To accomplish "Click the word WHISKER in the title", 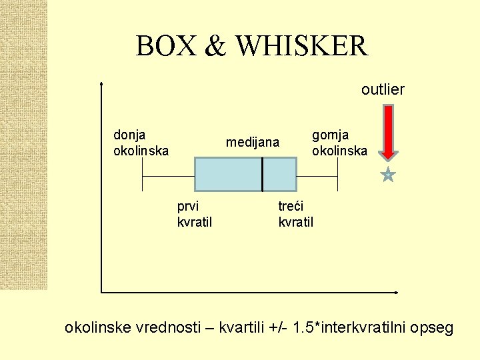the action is [x=302, y=46].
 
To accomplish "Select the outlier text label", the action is [x=383, y=89].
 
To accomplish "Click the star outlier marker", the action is [x=388, y=175].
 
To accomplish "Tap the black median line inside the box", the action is [x=263, y=175].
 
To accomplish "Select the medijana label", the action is [x=253, y=143].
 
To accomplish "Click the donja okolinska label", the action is [x=141, y=143].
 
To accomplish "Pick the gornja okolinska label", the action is [x=339, y=143].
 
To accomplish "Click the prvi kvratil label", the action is [x=195, y=213].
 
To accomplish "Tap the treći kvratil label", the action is [x=295, y=213].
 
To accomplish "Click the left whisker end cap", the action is [x=143, y=175].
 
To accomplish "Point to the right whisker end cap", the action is [x=338, y=175].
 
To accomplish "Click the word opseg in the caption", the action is [x=433, y=328].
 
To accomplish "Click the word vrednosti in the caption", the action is [x=169, y=328].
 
